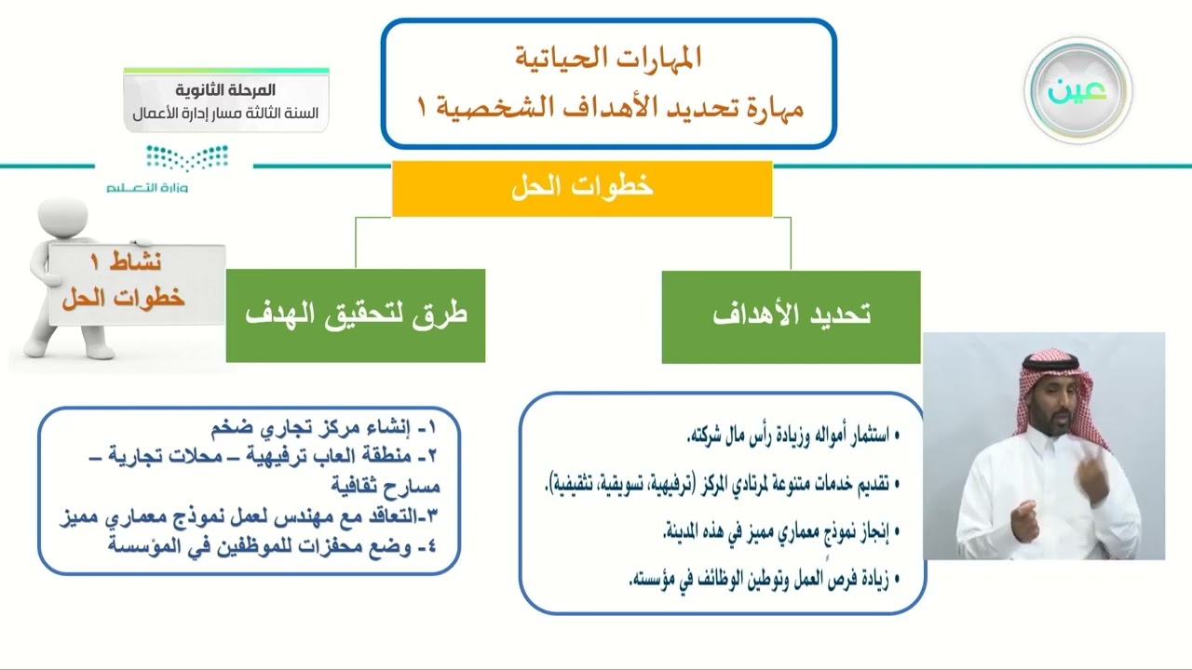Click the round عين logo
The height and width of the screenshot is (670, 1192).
pyautogui.click(x=1077, y=90)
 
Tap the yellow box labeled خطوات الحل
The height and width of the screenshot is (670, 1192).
pyautogui.click(x=582, y=187)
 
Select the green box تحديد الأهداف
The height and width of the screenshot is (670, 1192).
pyautogui.click(x=791, y=316)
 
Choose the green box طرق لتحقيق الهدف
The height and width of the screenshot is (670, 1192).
pyautogui.click(x=355, y=315)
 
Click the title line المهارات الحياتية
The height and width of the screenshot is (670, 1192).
pyautogui.click(x=608, y=58)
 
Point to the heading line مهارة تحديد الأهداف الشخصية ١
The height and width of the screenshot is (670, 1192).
pyautogui.click(x=608, y=107)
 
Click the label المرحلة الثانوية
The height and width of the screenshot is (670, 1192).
pyautogui.click(x=226, y=90)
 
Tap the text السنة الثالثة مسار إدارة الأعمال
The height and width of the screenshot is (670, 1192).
pyautogui.click(x=226, y=114)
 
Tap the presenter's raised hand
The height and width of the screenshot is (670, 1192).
pyautogui.click(x=1091, y=475)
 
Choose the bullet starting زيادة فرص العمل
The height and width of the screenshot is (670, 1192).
pyautogui.click(x=759, y=581)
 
